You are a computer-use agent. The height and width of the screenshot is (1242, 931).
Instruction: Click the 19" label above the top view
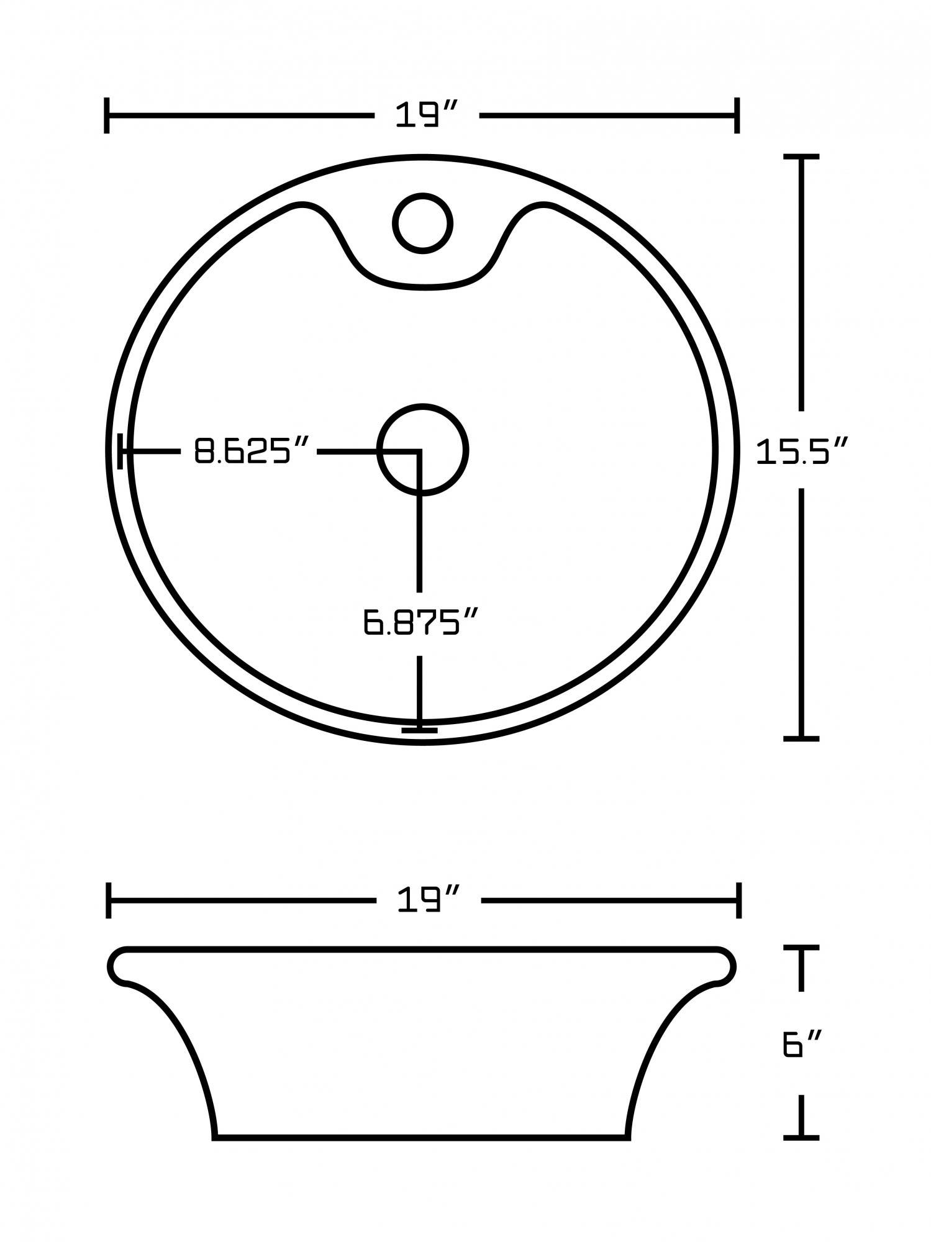(426, 116)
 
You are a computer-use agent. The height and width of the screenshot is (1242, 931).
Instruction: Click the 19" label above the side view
(427, 900)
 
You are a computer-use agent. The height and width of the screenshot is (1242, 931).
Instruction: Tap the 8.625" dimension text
(251, 451)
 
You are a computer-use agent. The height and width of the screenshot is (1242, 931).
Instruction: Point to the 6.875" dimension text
(421, 622)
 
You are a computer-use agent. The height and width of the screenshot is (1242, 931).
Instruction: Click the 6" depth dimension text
(802, 1045)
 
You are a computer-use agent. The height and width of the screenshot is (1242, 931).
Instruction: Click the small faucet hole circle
(422, 223)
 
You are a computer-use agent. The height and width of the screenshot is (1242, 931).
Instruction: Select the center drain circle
(422, 450)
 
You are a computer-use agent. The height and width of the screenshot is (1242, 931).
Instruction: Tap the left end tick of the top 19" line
(107, 116)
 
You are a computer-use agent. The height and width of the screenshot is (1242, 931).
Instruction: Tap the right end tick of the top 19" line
(737, 116)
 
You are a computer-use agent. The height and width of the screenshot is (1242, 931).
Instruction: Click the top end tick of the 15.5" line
(801, 157)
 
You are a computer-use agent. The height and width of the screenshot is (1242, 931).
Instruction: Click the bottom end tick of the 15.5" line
(801, 739)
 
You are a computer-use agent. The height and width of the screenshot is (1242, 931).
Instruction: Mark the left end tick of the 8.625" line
(120, 451)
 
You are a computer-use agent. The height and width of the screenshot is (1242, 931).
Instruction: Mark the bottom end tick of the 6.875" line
(419, 730)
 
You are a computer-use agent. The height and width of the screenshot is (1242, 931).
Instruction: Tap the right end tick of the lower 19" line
(738, 900)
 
